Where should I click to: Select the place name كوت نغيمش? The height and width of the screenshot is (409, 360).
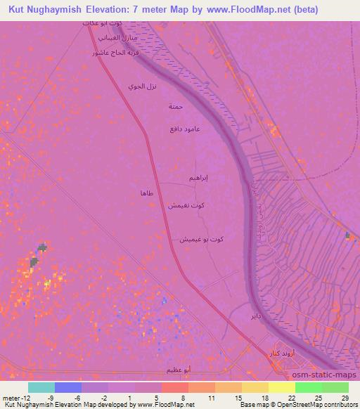186,205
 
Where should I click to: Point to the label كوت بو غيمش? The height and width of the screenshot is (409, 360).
201,239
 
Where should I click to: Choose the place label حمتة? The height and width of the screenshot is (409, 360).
176,107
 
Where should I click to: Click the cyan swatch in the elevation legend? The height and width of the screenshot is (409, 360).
41,387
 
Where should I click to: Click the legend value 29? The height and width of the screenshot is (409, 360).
345,397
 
